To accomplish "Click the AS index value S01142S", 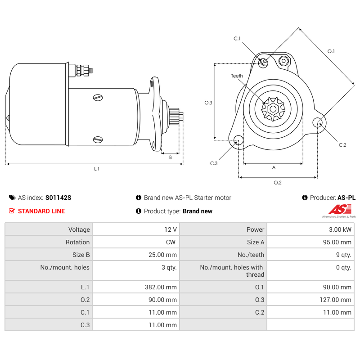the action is [x=58, y=198].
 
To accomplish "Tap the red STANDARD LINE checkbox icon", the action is [x=12, y=211].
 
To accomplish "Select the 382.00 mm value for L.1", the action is [x=161, y=287].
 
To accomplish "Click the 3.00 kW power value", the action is [x=340, y=229].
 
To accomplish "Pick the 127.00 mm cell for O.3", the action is [x=335, y=300].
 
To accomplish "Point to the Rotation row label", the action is [x=77, y=242].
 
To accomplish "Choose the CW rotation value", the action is [x=171, y=242].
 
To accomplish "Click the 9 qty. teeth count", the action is [x=344, y=255].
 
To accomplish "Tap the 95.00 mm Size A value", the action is [x=337, y=242].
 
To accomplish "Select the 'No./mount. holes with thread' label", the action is [x=232, y=271].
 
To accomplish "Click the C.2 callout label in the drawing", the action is [x=342, y=145].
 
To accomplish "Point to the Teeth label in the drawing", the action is [x=237, y=76].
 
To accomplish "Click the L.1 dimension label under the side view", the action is [x=97, y=169].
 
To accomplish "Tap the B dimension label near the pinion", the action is [x=171, y=157].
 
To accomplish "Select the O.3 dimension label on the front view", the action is [x=208, y=103].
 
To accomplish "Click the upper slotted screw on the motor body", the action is [x=98, y=98].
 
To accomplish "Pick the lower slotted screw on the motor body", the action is [x=98, y=139].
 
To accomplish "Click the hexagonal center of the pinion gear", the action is [x=273, y=109].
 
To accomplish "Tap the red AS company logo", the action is [x=340, y=209].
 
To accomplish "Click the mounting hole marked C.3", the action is [x=238, y=140].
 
